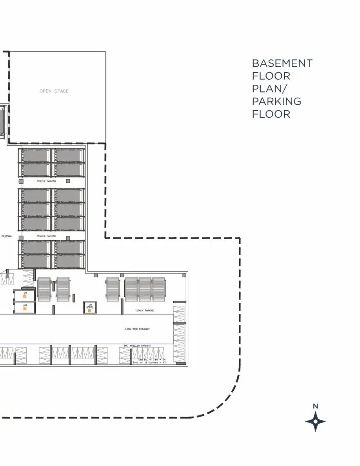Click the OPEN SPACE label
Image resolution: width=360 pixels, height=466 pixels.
[x=54, y=91]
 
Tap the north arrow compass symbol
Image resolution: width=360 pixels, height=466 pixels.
[x=315, y=422]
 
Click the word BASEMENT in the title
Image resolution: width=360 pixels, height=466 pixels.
[x=282, y=64]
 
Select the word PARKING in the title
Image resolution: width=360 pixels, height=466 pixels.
[x=276, y=101]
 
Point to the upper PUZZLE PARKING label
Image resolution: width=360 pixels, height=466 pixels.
[x=46, y=182]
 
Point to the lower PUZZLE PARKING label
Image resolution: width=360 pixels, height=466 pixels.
[x=46, y=236]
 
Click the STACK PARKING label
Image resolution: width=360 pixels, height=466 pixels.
[x=145, y=311]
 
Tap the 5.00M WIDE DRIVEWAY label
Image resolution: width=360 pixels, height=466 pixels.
[x=137, y=329]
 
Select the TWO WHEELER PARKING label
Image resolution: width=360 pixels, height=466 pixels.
[x=137, y=346]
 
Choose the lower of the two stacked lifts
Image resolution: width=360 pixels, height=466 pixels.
[x=25, y=308]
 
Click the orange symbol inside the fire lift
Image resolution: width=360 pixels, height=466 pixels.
[x=89, y=311]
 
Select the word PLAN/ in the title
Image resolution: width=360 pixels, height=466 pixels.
[x=269, y=89]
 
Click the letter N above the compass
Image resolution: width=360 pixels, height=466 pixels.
[x=315, y=406]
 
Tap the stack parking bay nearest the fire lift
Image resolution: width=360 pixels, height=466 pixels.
[x=113, y=289]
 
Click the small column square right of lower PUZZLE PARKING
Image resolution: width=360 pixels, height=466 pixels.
[x=68, y=238]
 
